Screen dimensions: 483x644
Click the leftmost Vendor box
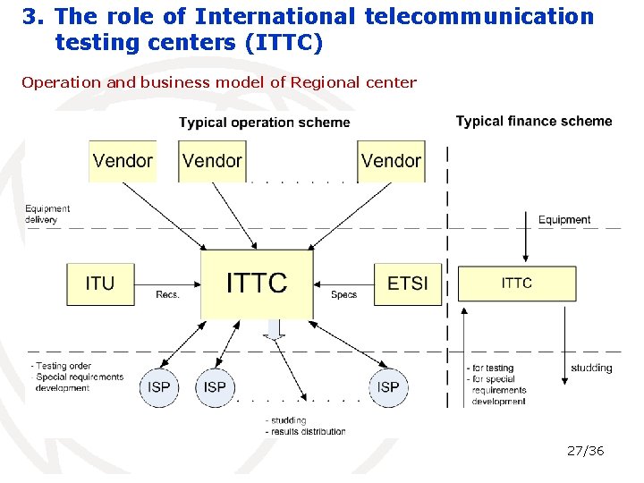tap(123, 161)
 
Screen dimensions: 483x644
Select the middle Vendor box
tap(212, 161)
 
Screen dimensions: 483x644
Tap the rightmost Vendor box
tap(391, 161)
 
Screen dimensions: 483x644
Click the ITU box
tap(100, 284)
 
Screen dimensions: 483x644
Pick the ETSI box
tap(408, 284)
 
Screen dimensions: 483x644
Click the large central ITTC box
tap(257, 284)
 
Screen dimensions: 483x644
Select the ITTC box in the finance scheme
tap(517, 283)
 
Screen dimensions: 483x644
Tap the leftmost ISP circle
tap(158, 387)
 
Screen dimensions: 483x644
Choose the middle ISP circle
tap(215, 387)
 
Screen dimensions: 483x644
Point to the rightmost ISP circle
tap(388, 387)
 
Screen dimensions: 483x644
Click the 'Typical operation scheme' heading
tap(265, 123)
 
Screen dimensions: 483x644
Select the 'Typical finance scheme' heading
tap(534, 121)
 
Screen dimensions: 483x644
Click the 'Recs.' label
tap(168, 294)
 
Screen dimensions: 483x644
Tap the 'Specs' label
tap(343, 294)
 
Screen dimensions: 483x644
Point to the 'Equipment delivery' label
tap(47, 214)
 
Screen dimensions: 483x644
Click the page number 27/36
tap(586, 451)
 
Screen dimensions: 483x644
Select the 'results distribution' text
tap(308, 431)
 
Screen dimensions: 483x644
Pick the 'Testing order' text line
tap(63, 366)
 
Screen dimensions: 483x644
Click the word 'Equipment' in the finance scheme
tap(564, 220)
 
